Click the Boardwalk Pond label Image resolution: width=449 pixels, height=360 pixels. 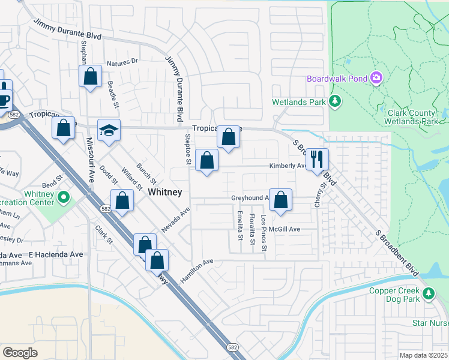coord(337,79)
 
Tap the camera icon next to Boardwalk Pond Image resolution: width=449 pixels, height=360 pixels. coord(376,77)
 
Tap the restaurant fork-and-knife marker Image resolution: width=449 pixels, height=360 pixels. coord(317,160)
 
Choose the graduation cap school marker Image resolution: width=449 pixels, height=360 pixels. coord(109,131)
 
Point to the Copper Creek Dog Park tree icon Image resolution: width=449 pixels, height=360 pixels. coord(429,293)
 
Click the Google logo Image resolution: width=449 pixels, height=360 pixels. coord(20,353)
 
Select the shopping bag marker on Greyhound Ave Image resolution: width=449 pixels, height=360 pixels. coord(280,200)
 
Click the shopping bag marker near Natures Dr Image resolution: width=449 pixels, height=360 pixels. coord(91,77)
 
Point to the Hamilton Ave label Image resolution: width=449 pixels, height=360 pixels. coord(197,271)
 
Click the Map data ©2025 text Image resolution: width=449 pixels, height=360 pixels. coord(423,355)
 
